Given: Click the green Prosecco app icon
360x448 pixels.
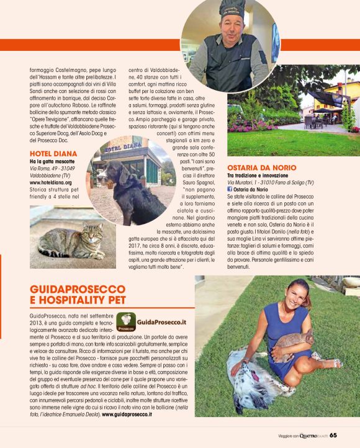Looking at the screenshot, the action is pos(128,323).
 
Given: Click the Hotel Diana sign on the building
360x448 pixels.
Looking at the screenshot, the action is pos(121,149).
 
